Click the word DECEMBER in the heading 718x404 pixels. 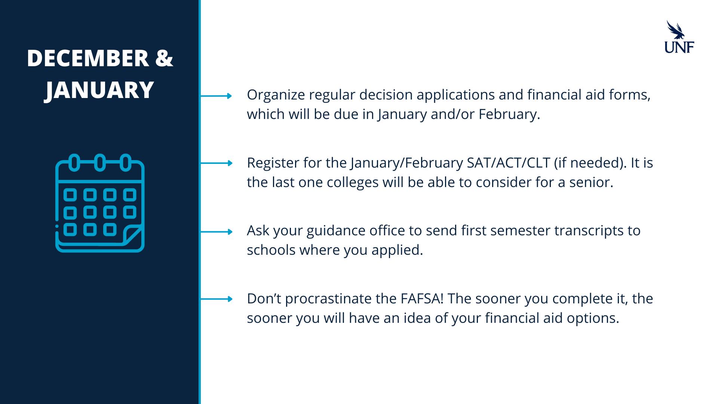(x=88, y=58)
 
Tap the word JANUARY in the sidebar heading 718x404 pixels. (x=99, y=90)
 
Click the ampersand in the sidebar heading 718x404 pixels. (x=164, y=58)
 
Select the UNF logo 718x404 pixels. (x=679, y=37)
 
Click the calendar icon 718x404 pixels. (x=100, y=203)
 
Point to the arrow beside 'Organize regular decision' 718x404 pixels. (x=216, y=96)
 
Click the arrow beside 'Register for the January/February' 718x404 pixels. (x=216, y=163)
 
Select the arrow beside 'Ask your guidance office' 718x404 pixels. (x=216, y=232)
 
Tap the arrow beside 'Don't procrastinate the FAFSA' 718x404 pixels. (x=216, y=299)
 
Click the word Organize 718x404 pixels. (x=276, y=95)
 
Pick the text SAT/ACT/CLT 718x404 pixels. (x=509, y=163)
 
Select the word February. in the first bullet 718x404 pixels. (x=509, y=114)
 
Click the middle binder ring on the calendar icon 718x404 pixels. (x=99, y=163)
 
